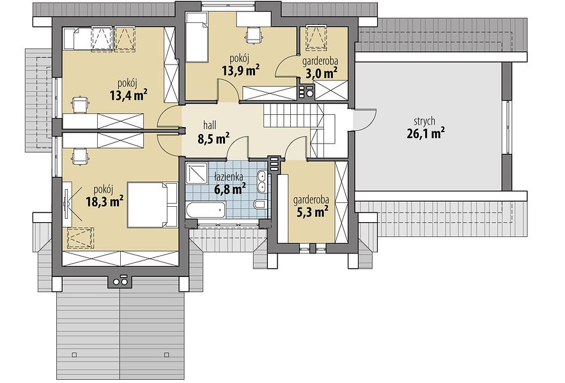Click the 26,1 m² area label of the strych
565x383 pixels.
(x=425, y=133)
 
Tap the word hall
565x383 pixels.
(x=210, y=125)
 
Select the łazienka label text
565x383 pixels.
(x=228, y=176)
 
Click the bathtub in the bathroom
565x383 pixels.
(x=206, y=210)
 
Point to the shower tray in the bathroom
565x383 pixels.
(x=197, y=173)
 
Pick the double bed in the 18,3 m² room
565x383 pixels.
(x=152, y=204)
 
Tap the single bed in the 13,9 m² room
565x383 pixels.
(x=197, y=38)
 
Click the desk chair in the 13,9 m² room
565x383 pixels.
(x=253, y=34)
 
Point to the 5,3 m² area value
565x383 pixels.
(x=312, y=212)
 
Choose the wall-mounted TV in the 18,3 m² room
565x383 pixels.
(x=66, y=204)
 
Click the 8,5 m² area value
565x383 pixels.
(x=213, y=139)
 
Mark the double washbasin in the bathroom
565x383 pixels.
(x=262, y=181)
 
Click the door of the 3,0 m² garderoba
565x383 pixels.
(x=287, y=66)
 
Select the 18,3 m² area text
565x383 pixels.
(x=105, y=201)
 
